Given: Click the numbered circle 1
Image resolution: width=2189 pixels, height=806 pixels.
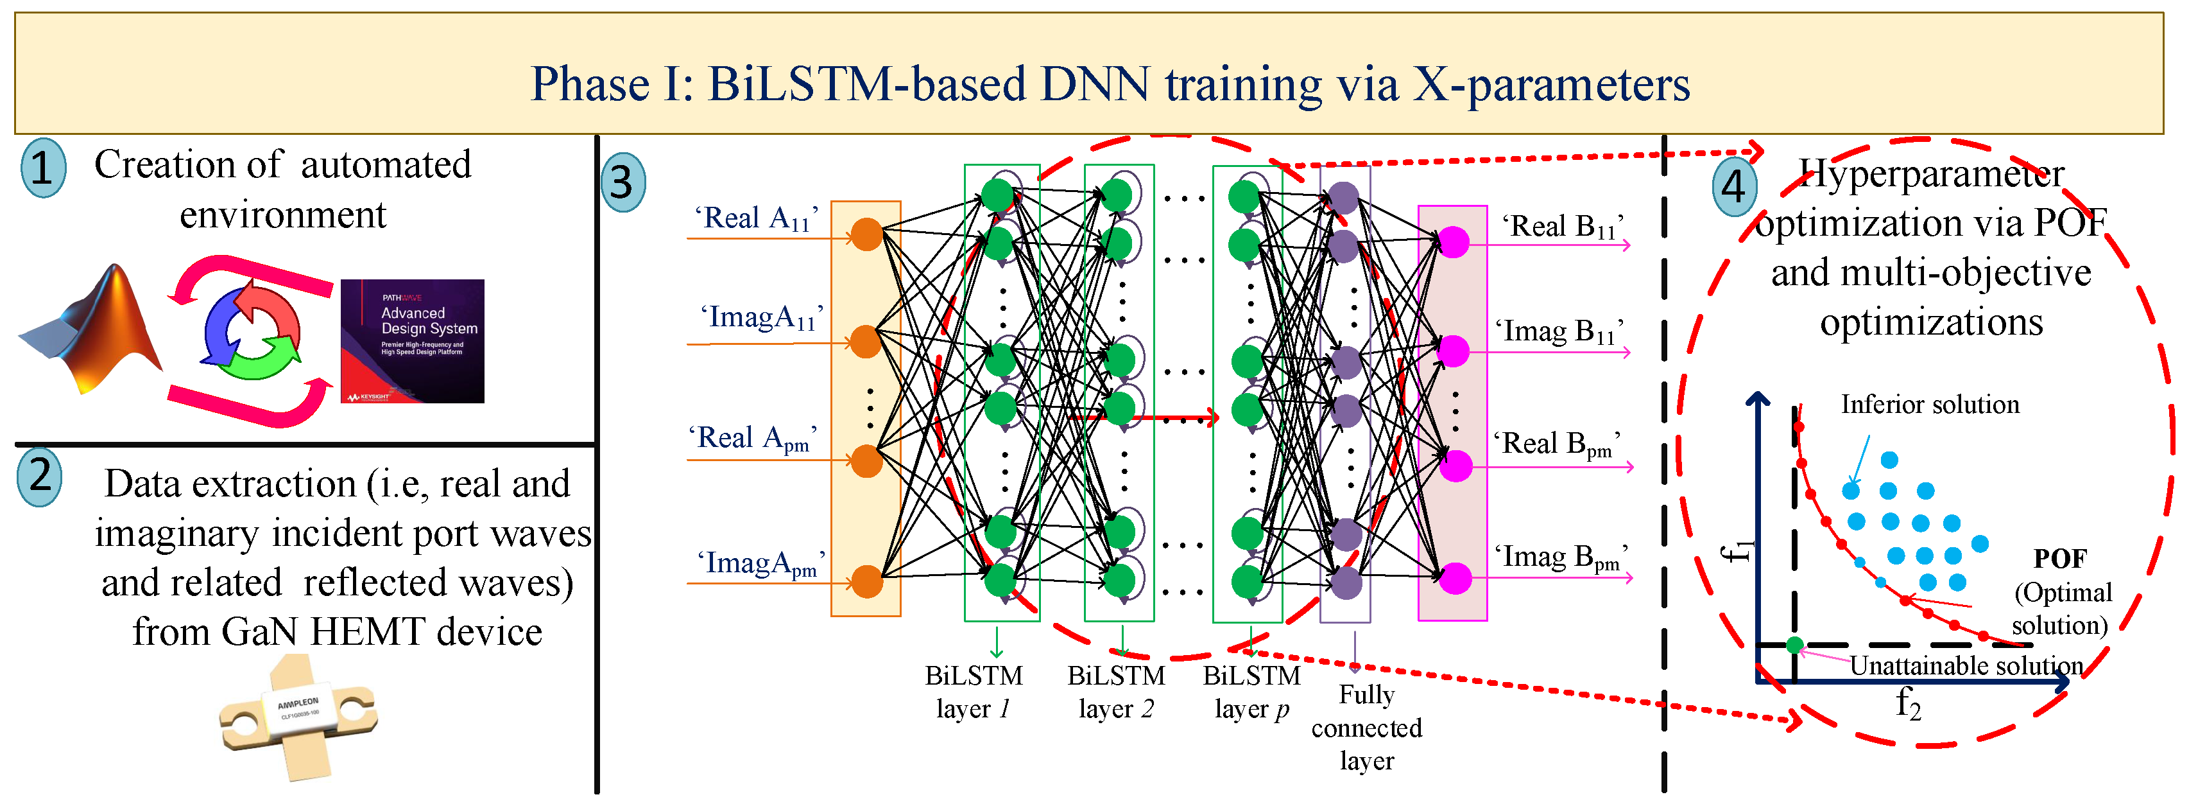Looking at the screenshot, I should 42,168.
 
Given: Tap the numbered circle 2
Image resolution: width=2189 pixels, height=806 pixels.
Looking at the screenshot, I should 40,477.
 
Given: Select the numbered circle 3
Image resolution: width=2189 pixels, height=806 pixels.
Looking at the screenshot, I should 623,182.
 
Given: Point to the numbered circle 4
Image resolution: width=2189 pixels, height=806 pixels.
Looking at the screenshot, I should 1733,186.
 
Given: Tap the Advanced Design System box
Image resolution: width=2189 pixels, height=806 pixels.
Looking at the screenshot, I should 412,341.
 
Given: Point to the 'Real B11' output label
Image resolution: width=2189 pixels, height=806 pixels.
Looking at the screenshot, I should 1562,227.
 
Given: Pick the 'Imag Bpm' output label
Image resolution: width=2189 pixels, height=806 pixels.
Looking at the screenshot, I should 1561,557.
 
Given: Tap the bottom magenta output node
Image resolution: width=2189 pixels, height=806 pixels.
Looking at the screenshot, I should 1455,578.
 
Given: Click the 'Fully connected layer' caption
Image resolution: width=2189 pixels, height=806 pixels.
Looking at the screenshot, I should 1366,728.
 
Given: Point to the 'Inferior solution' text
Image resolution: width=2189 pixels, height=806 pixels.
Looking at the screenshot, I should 1930,405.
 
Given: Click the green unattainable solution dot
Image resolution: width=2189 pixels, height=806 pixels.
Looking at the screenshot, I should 1794,645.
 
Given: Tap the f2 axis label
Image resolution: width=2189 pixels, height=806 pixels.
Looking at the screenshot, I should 1908,704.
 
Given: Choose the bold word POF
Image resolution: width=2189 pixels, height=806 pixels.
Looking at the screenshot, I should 2060,559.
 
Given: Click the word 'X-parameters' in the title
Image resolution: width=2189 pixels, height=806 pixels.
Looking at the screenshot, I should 1551,84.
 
